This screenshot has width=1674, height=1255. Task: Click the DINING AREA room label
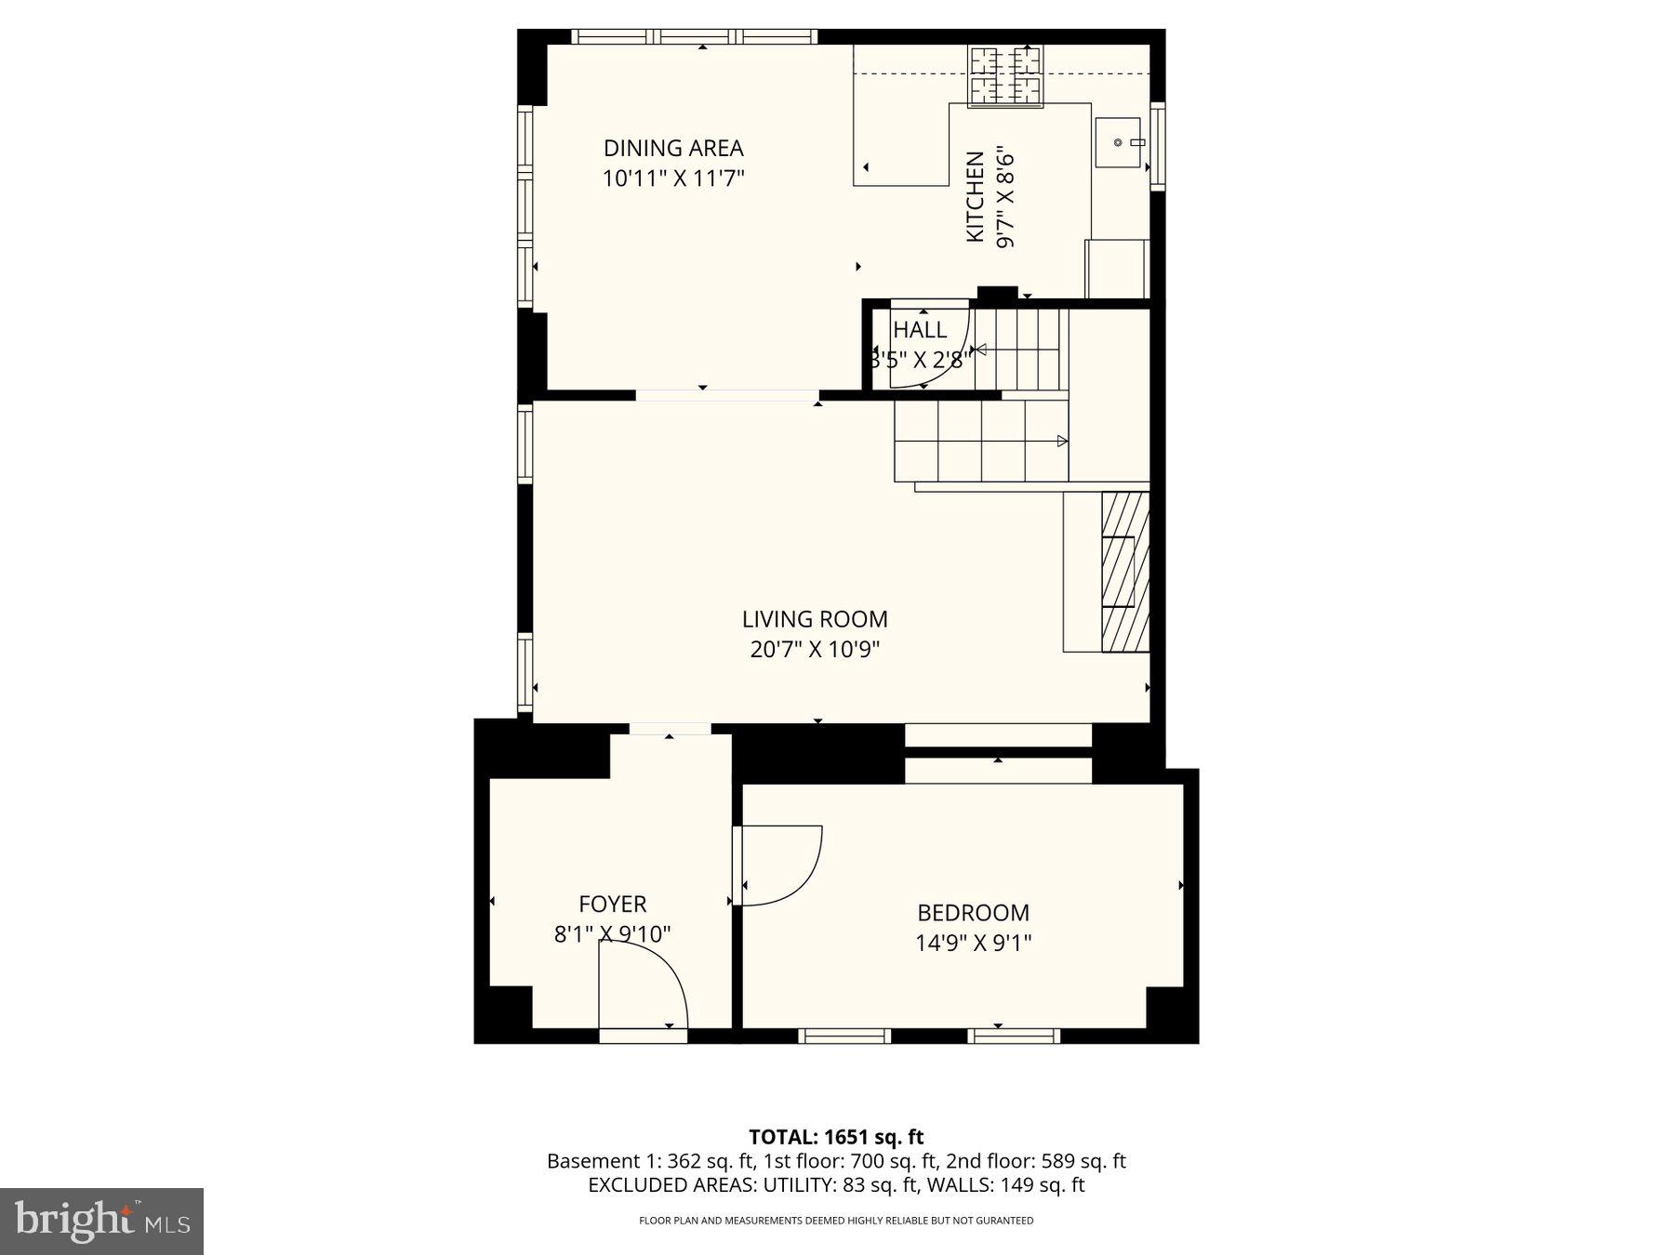[673, 148]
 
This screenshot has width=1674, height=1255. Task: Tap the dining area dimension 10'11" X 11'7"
[673, 178]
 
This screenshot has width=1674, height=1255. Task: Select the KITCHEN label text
[975, 197]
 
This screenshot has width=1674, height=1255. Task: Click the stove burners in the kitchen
[1004, 75]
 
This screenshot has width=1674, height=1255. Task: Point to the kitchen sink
[1118, 142]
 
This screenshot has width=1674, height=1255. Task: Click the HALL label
[920, 330]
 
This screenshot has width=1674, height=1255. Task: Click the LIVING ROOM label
[815, 619]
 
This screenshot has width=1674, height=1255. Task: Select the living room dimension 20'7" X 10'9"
[815, 649]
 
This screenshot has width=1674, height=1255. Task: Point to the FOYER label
[612, 904]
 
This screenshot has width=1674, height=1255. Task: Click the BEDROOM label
[973, 913]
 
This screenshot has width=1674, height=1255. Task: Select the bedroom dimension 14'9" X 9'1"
[973, 943]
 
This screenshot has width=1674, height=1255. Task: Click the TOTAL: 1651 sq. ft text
[836, 1136]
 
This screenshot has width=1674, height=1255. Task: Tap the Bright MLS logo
[101, 1221]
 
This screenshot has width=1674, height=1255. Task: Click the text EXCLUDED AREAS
[672, 1185]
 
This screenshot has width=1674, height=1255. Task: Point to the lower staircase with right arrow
[981, 441]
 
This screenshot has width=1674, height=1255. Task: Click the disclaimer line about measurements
[836, 1221]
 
